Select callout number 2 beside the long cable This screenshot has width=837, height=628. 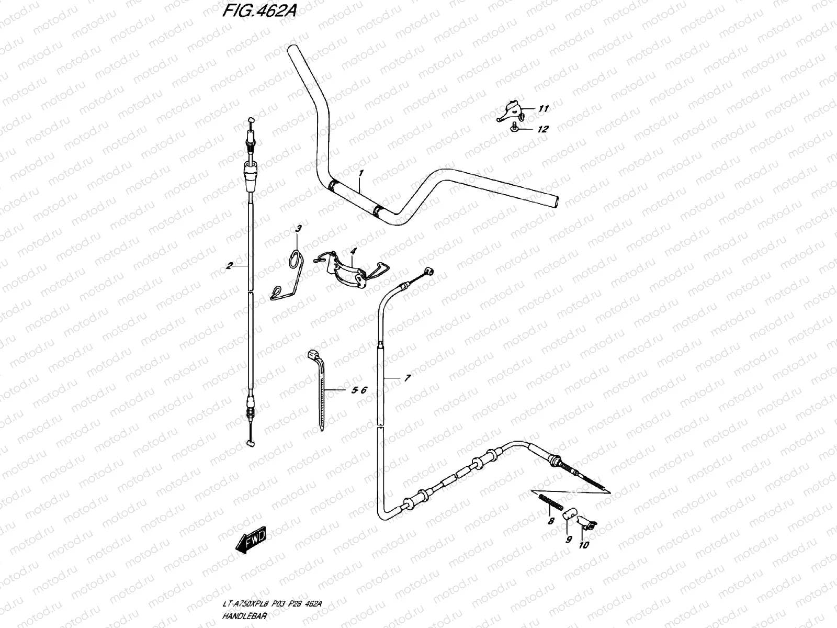[229, 266]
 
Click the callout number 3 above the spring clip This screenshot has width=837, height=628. [299, 228]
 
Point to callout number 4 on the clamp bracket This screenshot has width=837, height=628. [353, 251]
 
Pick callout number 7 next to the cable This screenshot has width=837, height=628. [408, 377]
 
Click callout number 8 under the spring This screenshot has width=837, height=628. [550, 521]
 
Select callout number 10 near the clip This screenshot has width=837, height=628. [584, 545]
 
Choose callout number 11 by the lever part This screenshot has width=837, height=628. [544, 109]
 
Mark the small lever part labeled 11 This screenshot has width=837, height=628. [510, 111]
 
